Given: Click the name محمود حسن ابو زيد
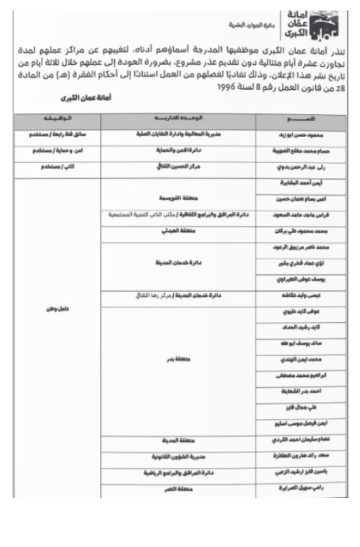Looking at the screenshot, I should pyautogui.click(x=301, y=135).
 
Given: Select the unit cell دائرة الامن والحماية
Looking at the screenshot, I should pyautogui.click(x=178, y=151).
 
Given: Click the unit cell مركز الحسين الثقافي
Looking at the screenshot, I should pyautogui.click(x=178, y=168).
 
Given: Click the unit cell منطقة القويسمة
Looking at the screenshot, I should pyautogui.click(x=178, y=198).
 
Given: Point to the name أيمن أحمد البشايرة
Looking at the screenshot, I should pyautogui.click(x=301, y=184).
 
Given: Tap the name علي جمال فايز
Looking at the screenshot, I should pyautogui.click(x=301, y=407).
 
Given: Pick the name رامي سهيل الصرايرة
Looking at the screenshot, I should pyautogui.click(x=301, y=488).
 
